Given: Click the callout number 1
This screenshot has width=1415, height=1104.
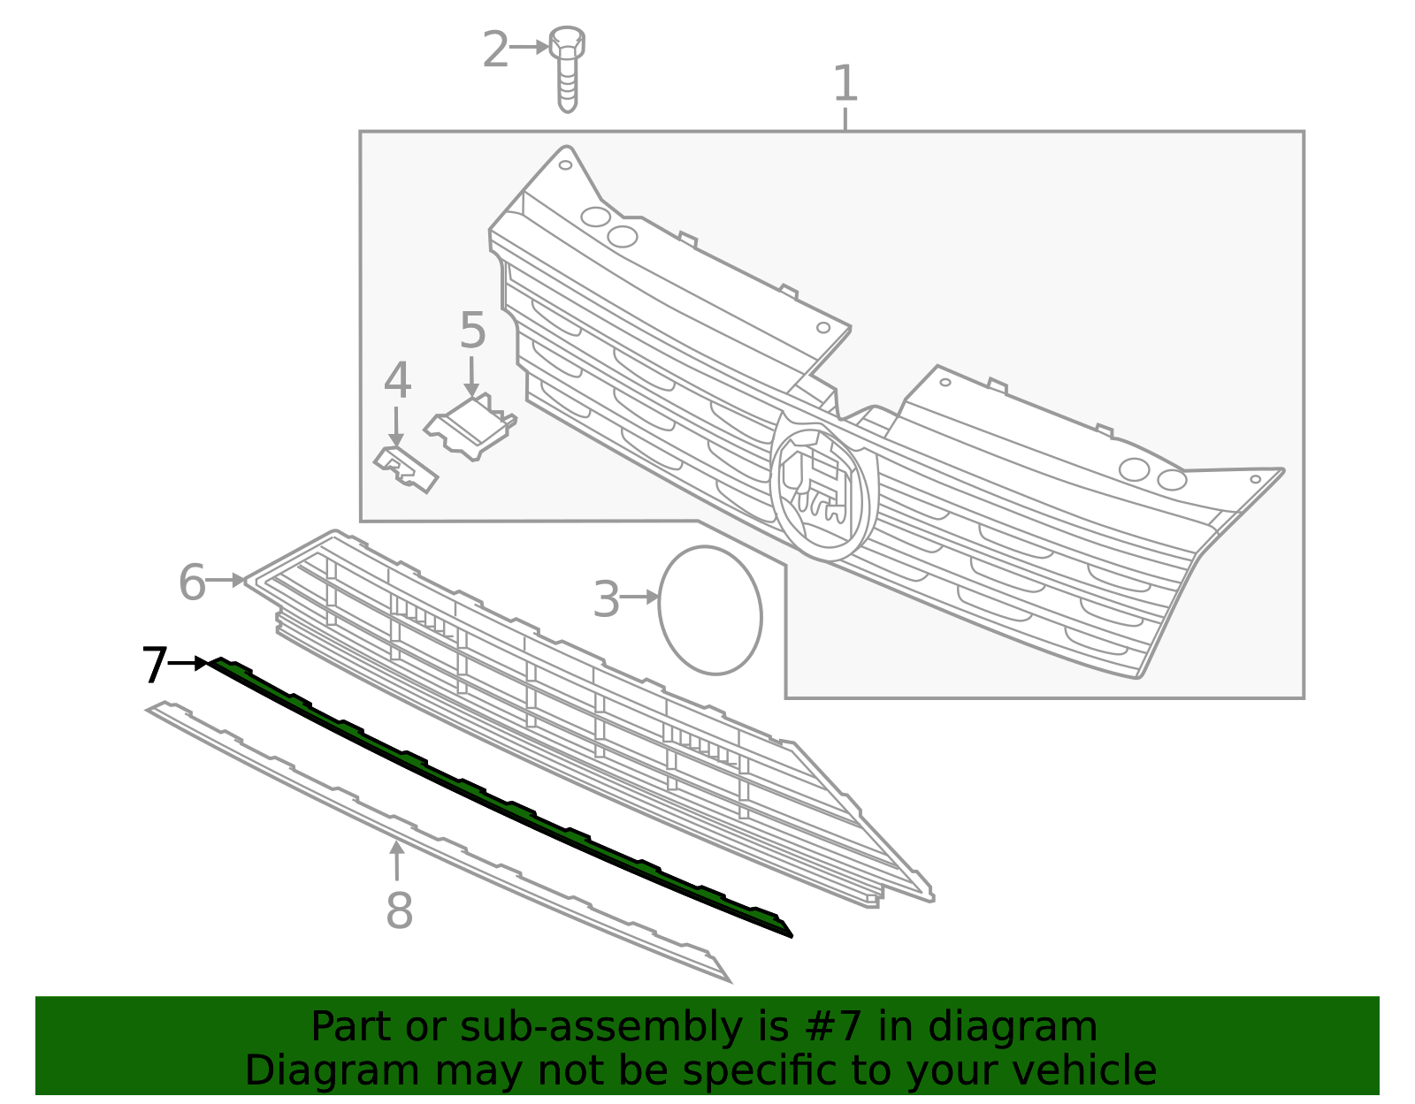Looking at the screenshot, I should coord(845,84).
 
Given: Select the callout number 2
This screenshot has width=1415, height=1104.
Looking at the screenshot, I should coord(495,49).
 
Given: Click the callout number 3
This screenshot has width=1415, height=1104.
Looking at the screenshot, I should coord(606,600).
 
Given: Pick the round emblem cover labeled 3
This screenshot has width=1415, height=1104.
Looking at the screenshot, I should coord(709,610).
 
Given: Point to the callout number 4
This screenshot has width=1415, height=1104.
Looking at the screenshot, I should coord(397,382).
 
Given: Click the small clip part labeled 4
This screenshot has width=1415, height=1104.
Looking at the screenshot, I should coord(406,468).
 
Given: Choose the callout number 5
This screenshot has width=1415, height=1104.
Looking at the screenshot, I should coord(472,331).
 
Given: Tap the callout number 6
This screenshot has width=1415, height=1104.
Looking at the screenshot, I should coord(192,582).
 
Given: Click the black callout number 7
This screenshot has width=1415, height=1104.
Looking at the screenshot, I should coord(154,665).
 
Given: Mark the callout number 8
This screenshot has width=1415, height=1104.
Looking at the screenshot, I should coord(399,910).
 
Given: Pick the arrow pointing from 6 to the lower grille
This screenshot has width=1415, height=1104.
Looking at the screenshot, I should coord(226,580).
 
